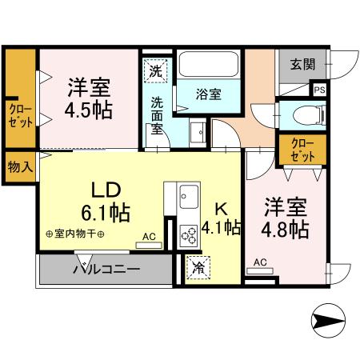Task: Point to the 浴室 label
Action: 210,93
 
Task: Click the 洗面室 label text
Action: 158,115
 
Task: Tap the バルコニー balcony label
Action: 107,268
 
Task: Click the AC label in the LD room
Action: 150,236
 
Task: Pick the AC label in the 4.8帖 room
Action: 261,262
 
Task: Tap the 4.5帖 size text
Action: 89,108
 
